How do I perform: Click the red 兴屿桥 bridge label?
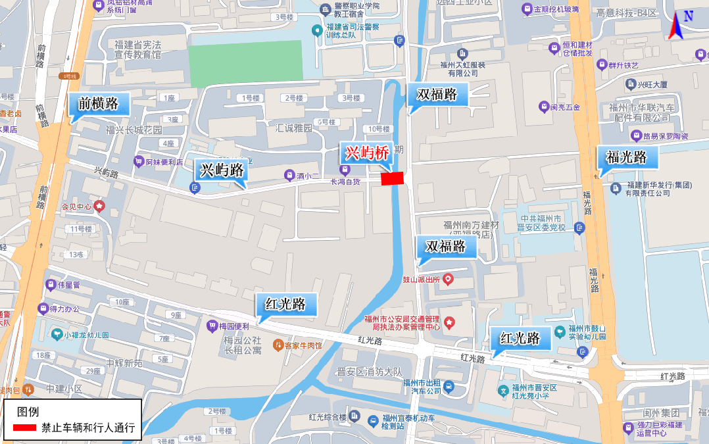(366, 153)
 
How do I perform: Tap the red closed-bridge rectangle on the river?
(393, 178)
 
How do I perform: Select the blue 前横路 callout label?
(99, 103)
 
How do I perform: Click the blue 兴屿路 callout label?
(221, 170)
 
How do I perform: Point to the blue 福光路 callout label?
(625, 157)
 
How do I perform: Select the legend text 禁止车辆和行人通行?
(88, 428)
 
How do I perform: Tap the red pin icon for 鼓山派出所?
(449, 280)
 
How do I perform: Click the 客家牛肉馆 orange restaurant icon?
(279, 344)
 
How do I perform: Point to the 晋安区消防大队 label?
(368, 372)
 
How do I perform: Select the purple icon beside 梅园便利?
(212, 325)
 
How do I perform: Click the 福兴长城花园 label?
(134, 130)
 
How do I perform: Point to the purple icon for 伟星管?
(51, 285)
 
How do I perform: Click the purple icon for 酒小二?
(288, 175)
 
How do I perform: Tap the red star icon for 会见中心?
(99, 206)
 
